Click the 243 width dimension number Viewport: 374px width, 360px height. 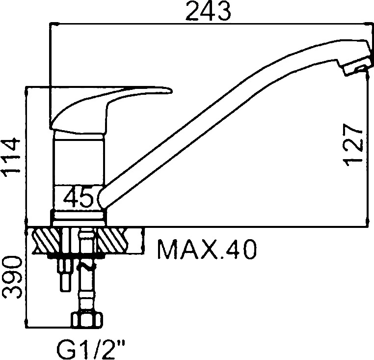(208, 11)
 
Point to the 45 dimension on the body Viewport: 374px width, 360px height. (79, 197)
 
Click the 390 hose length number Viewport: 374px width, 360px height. (12, 277)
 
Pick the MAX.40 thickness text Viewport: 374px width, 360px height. (207, 249)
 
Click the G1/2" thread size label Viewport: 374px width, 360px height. (91, 350)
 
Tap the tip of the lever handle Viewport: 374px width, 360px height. (172, 91)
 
